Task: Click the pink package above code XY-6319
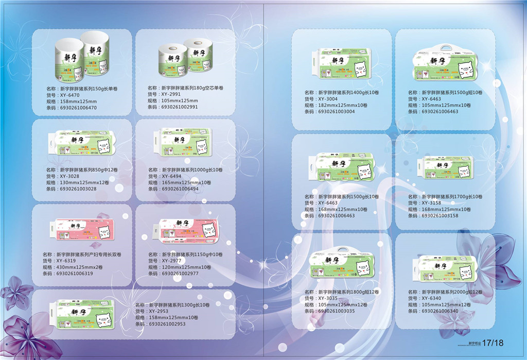(x=82, y=230)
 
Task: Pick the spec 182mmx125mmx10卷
(x=335, y=105)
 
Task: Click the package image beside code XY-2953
(x=82, y=314)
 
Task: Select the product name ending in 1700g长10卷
(x=445, y=197)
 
